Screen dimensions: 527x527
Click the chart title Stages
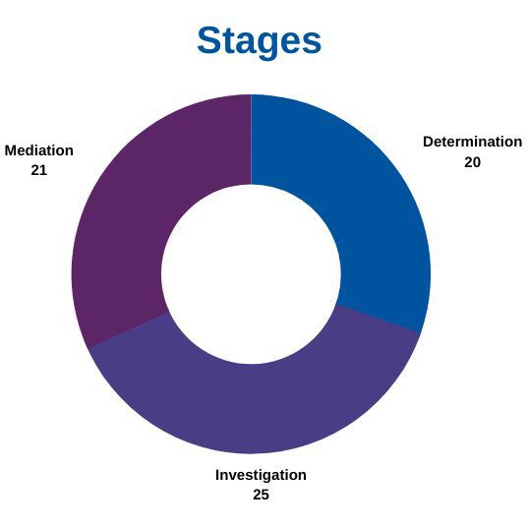tap(260, 41)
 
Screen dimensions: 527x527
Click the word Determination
tap(472, 142)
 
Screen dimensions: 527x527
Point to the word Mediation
tap(39, 150)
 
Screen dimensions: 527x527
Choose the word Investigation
tap(261, 475)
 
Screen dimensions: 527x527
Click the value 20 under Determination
tap(472, 162)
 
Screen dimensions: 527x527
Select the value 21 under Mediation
tap(39, 170)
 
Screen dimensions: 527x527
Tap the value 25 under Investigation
tap(261, 495)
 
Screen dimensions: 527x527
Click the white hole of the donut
tap(251, 274)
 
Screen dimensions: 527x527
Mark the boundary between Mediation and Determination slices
tap(251, 140)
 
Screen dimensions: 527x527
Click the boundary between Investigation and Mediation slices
tap(127, 330)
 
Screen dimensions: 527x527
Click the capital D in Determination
tap(429, 142)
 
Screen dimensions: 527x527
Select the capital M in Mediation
tap(11, 150)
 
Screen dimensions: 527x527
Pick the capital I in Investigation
tap(217, 475)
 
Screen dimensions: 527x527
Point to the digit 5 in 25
tap(265, 495)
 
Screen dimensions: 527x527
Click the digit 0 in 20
tap(477, 162)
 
